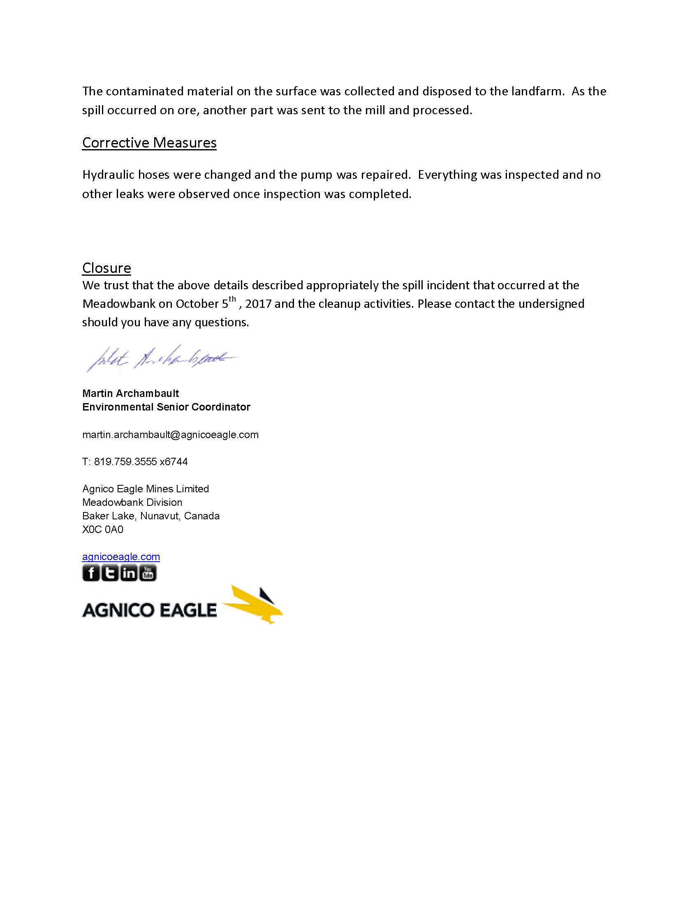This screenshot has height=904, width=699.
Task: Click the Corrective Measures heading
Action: (x=149, y=143)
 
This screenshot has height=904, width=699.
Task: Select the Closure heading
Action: (x=106, y=268)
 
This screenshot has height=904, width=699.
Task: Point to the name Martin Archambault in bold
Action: (x=130, y=393)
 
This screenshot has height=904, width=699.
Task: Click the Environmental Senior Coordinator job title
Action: (x=166, y=407)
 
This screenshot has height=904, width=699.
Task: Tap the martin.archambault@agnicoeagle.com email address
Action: (x=170, y=435)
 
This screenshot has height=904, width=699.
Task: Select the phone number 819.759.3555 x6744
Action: (x=141, y=461)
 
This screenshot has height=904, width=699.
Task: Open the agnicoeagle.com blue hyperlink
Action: (x=121, y=557)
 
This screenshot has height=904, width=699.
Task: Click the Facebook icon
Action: (x=91, y=573)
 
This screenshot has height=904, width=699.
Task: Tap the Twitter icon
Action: (x=110, y=573)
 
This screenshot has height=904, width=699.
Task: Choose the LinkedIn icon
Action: (x=129, y=573)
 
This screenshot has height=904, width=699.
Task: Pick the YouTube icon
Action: (x=148, y=573)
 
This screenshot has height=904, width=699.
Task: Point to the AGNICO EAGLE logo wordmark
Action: (x=149, y=610)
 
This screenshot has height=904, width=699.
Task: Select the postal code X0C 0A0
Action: (x=103, y=529)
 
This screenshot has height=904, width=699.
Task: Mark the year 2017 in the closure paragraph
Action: (x=258, y=304)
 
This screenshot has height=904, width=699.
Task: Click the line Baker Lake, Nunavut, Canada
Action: (x=151, y=516)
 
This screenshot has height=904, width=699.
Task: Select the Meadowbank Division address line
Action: (x=132, y=502)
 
